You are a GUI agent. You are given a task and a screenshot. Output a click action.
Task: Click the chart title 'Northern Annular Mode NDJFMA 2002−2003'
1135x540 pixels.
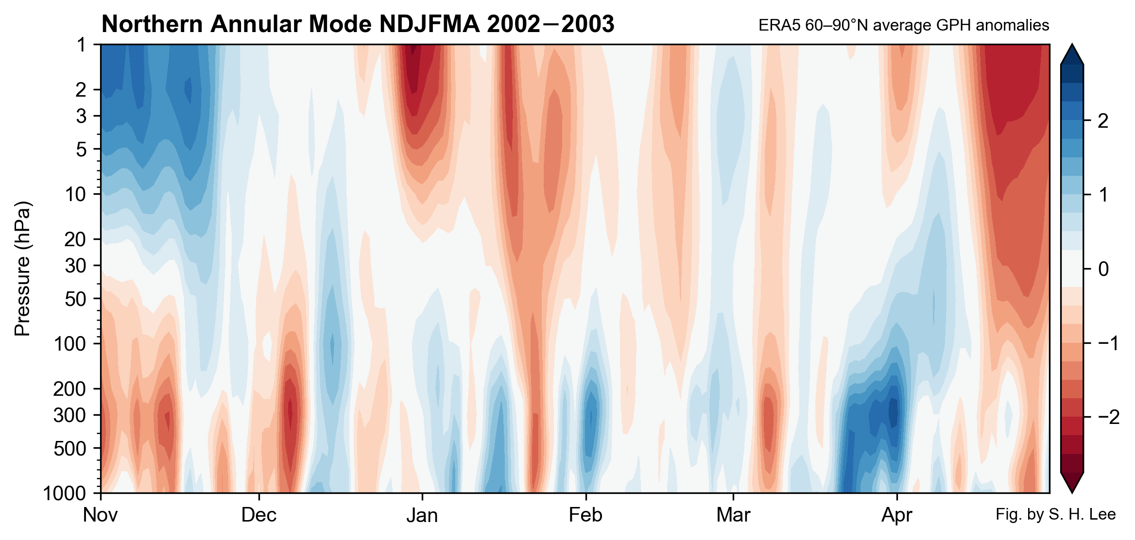point(358,24)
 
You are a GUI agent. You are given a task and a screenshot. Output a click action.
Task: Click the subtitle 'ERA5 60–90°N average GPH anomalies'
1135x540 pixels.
point(903,25)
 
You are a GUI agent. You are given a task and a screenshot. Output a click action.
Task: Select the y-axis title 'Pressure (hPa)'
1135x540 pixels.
point(22,269)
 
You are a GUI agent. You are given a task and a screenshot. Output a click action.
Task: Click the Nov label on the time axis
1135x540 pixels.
point(100,515)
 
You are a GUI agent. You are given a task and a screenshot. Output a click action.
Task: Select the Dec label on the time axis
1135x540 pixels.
point(258,515)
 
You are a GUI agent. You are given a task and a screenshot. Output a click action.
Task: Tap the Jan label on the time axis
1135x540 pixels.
point(422,515)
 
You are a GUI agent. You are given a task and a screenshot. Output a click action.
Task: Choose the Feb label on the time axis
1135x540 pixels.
point(585,515)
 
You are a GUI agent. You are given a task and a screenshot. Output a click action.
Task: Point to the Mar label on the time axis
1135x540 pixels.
point(733,515)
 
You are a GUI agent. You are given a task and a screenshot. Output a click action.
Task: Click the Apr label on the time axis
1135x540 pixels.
point(896,515)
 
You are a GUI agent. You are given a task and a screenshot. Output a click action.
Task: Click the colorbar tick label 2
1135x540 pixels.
point(1103,120)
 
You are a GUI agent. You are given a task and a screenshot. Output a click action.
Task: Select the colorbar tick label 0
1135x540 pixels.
point(1103,269)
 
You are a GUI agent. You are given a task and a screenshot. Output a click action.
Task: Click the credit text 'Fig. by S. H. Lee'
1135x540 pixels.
point(1055,514)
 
